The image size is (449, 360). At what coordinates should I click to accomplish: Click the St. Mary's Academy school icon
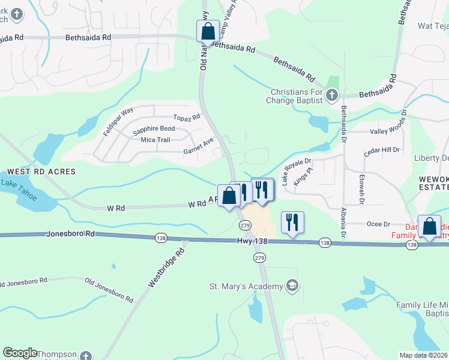point(292,285)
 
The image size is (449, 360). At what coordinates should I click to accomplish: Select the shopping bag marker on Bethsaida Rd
point(208,31)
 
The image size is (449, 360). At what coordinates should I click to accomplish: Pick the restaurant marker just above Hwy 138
point(292,223)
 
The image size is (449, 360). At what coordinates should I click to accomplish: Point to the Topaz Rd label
point(186,118)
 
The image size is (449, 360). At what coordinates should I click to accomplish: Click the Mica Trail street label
point(155,140)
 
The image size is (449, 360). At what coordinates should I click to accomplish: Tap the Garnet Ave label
point(198,146)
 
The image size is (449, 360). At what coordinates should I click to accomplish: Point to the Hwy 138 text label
point(251,241)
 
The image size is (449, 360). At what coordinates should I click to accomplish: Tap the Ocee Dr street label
point(378,224)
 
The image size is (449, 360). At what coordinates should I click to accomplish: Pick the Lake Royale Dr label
point(297,170)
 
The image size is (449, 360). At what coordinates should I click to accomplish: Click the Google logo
point(20,352)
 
